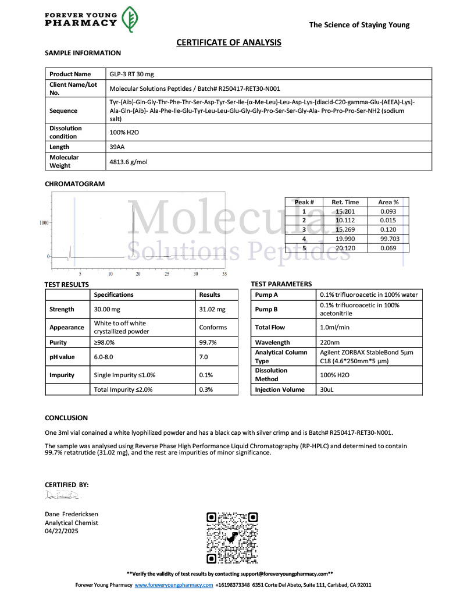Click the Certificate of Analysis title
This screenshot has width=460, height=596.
click(229, 42)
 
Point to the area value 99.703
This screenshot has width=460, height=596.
click(388, 239)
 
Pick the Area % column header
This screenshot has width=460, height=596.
click(388, 202)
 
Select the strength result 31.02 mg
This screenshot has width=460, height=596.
click(212, 310)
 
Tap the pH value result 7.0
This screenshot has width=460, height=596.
click(204, 357)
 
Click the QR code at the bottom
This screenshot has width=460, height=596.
click(232, 538)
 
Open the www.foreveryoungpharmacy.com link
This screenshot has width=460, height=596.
click(174, 585)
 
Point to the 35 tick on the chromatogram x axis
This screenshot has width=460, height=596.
click(224, 273)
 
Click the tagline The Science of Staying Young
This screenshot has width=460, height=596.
click(359, 25)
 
